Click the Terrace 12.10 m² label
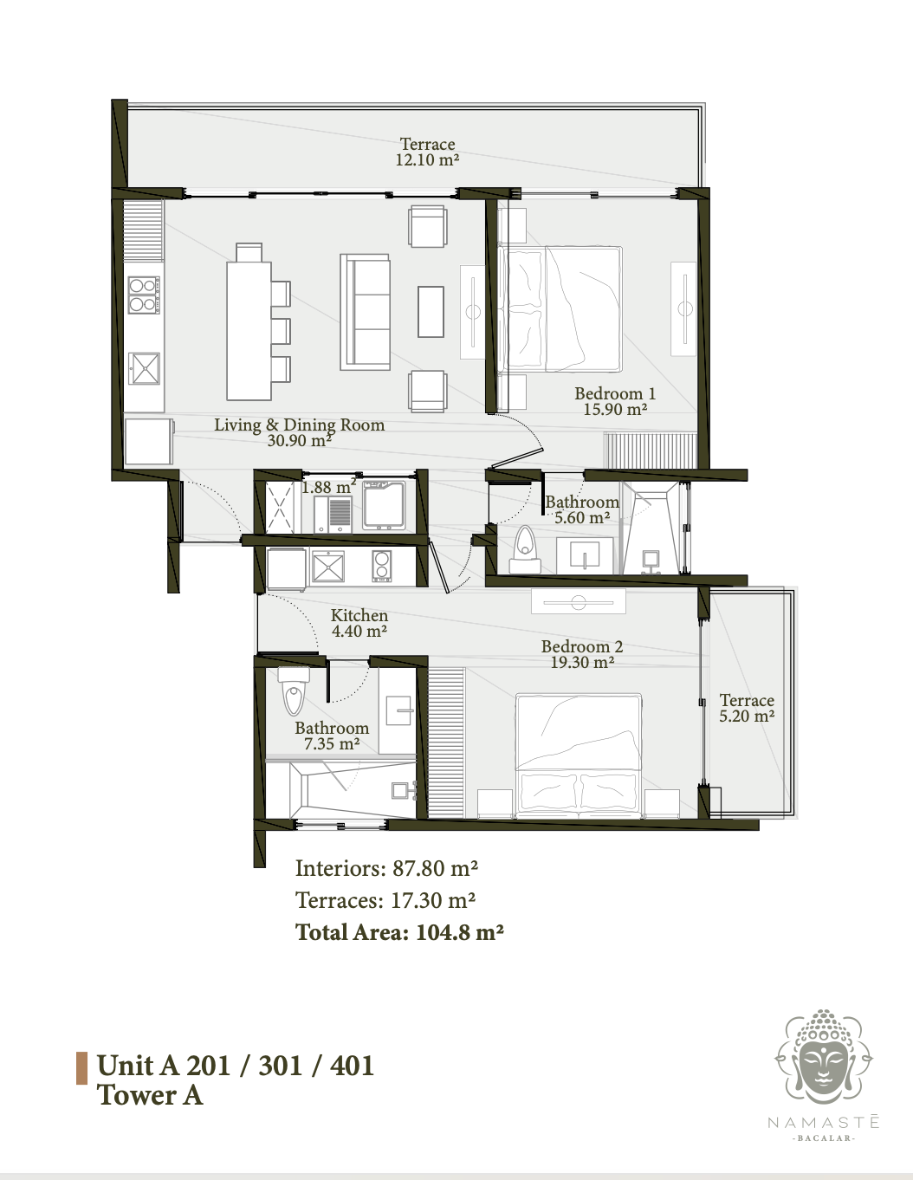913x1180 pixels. [x=428, y=152]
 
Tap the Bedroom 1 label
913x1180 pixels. [x=615, y=401]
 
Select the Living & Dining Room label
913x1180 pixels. [x=299, y=432]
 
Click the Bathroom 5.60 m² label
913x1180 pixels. [x=582, y=509]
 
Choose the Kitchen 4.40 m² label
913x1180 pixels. [x=359, y=623]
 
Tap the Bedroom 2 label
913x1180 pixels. [x=582, y=654]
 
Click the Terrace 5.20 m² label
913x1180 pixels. [x=747, y=708]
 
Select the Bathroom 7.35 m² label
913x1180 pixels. [x=332, y=736]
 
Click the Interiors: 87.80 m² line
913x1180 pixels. [x=386, y=868]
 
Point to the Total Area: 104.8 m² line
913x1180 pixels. [x=399, y=932]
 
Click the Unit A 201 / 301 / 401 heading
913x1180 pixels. [x=236, y=1066]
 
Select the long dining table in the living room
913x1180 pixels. [x=249, y=331]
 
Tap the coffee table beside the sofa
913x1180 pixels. [x=431, y=312]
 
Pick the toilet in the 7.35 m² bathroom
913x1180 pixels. [x=294, y=691]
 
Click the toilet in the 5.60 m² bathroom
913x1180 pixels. [x=525, y=549]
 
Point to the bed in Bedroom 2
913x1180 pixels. [x=579, y=755]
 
